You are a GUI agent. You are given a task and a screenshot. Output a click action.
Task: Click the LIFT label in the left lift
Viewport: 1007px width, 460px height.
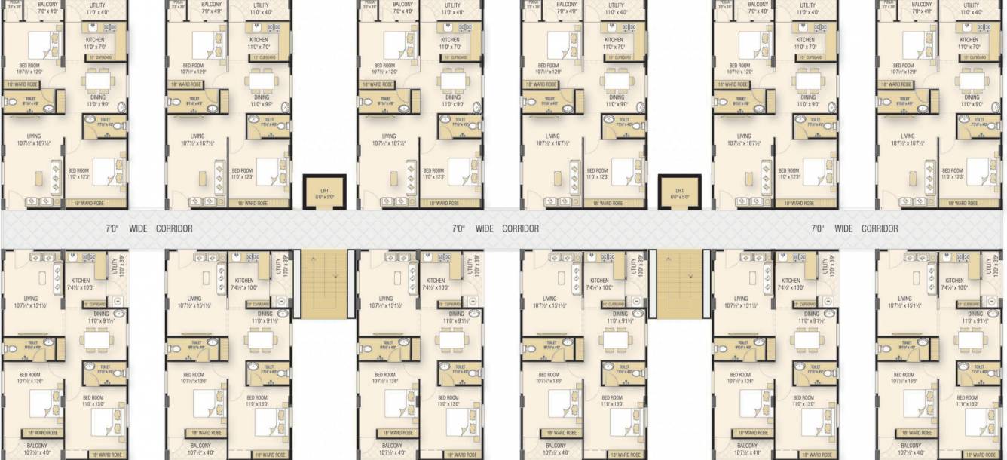pyautogui.click(x=324, y=191)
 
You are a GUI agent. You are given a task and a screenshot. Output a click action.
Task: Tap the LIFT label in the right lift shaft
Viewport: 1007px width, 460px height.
pyautogui.click(x=679, y=191)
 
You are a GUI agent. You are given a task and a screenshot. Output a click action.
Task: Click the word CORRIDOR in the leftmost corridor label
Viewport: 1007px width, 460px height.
pyautogui.click(x=174, y=228)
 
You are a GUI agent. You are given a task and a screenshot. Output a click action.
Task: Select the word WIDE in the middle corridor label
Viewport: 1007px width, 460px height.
pyautogui.click(x=485, y=228)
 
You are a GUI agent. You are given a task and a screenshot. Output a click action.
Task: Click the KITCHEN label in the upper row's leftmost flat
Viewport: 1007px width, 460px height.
pyautogui.click(x=95, y=40)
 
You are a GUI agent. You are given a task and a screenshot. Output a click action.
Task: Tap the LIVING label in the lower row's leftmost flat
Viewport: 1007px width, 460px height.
pyautogui.click(x=30, y=299)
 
